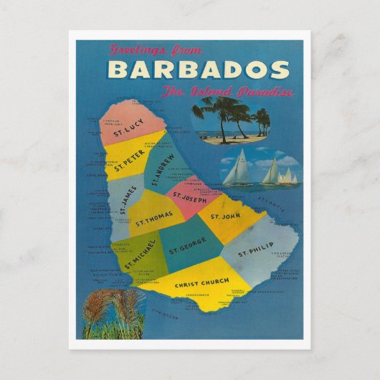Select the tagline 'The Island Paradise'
(227, 92)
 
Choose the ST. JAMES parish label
(124, 199)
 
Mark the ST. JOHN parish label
(224, 215)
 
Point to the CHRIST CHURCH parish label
(201, 282)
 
